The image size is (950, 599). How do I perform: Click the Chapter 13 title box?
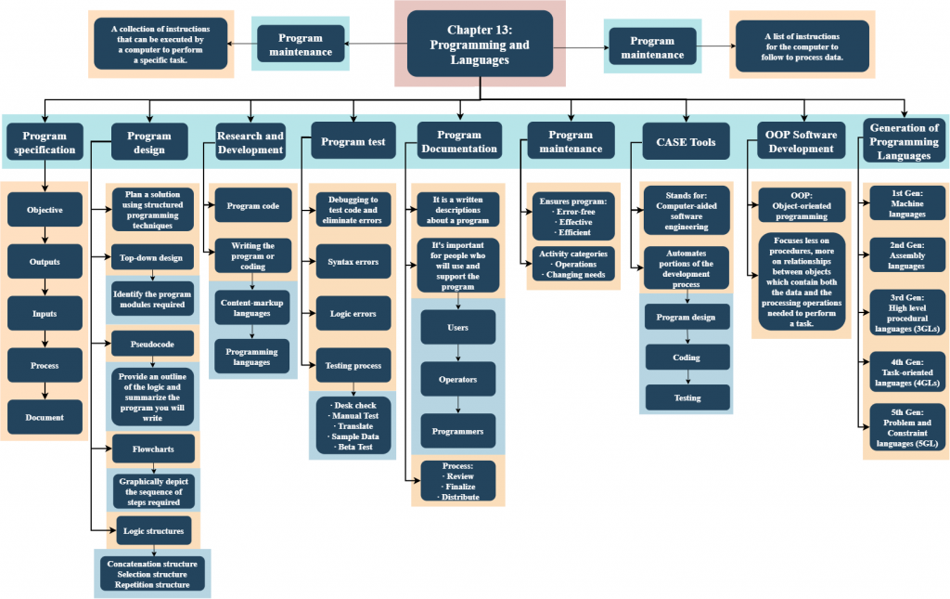(480, 44)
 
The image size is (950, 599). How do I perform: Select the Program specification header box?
(45, 142)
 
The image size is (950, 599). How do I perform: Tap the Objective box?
(45, 210)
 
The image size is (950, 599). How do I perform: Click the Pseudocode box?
(153, 344)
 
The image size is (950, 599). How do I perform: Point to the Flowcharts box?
(153, 449)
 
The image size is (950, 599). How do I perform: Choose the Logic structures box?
(153, 530)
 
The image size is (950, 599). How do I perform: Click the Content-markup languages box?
(252, 308)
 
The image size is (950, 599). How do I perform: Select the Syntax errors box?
(353, 262)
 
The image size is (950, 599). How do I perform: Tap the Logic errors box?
(353, 314)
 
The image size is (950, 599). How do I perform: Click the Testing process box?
(353, 366)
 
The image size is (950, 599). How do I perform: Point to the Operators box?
(457, 379)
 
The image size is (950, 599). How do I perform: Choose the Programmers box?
(457, 431)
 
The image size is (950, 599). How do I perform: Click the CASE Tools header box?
(687, 142)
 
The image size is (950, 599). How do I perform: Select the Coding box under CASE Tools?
(687, 358)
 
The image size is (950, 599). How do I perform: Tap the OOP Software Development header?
(801, 142)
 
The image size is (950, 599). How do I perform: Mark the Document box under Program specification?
(45, 418)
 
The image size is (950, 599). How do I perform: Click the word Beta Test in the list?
(353, 448)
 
